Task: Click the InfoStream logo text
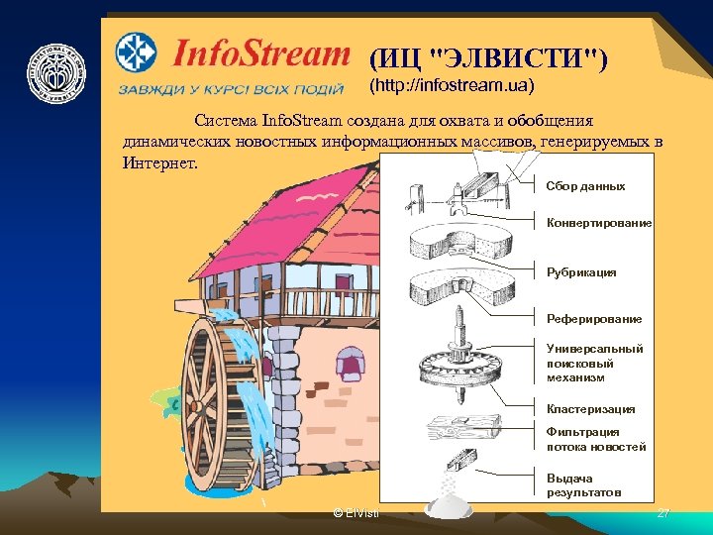pyautogui.click(x=260, y=53)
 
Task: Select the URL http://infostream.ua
pyautogui.click(x=451, y=85)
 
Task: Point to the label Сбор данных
pyautogui.click(x=585, y=186)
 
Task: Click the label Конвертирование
pyautogui.click(x=598, y=223)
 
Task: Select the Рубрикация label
pyautogui.click(x=581, y=271)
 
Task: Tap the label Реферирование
pyautogui.click(x=594, y=319)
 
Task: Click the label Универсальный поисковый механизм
pyautogui.click(x=594, y=363)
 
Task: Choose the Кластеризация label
pyautogui.click(x=590, y=409)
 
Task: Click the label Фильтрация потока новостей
pyautogui.click(x=595, y=439)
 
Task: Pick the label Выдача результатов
pyautogui.click(x=584, y=485)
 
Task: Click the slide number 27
pyautogui.click(x=663, y=513)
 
